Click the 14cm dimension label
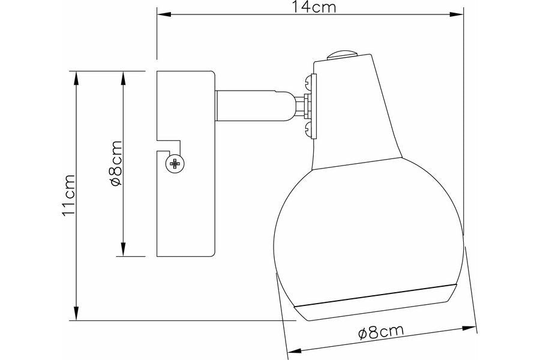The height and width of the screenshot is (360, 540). [x=314, y=7]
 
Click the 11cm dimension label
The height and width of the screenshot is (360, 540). [x=68, y=196]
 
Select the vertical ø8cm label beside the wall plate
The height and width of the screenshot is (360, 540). [x=115, y=163]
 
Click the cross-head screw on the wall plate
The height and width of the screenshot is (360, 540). [x=175, y=164]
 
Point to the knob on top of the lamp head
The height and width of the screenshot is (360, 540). [x=341, y=55]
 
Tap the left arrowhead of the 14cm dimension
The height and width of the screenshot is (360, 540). [x=164, y=14]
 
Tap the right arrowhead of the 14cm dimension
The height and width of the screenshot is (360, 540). [x=457, y=14]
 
